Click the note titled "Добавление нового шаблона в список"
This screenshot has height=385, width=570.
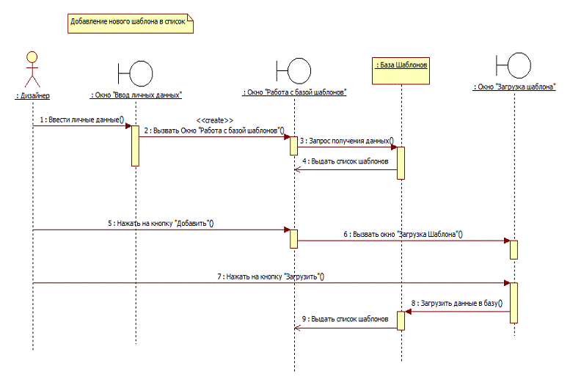tap(128, 23)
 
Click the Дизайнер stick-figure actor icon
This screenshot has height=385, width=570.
tap(32, 70)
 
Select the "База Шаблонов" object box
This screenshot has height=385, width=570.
tap(401, 65)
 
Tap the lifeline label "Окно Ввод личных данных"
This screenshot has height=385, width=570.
tap(136, 95)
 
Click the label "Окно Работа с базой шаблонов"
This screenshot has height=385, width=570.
tap(294, 93)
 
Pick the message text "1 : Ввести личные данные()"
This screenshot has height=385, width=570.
tap(81, 119)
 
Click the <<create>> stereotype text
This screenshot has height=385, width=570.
tap(215, 120)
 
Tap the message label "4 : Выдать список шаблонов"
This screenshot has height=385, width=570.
tap(345, 161)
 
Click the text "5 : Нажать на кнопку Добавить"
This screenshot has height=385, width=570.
tap(161, 223)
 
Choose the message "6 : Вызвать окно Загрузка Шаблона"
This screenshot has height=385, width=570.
tap(403, 235)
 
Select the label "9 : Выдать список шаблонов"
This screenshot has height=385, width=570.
tap(345, 320)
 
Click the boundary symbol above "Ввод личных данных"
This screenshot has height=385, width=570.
tap(136, 72)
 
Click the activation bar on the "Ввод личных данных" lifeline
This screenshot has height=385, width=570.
tap(136, 145)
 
